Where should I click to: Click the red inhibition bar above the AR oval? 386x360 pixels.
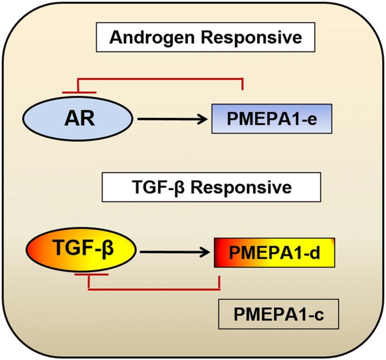tap(79, 92)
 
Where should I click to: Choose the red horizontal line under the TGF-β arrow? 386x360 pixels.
tap(154, 289)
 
